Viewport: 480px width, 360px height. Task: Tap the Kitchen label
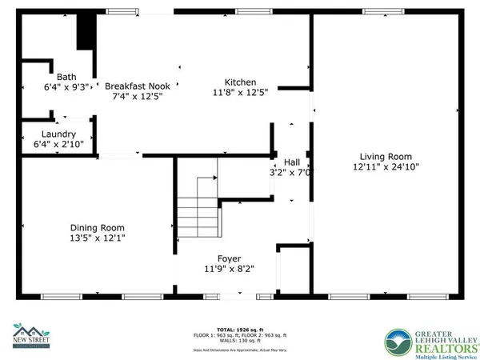[240, 82]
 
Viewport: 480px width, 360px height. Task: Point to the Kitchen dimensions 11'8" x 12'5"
[240, 93]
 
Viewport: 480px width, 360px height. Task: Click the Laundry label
[59, 134]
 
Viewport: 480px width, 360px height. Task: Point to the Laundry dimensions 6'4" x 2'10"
[59, 144]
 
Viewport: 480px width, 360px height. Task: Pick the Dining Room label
[98, 226]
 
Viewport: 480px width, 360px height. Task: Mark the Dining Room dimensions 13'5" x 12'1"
[98, 237]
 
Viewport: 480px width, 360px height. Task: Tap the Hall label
[292, 161]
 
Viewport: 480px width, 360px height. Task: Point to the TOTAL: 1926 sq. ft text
[240, 329]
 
